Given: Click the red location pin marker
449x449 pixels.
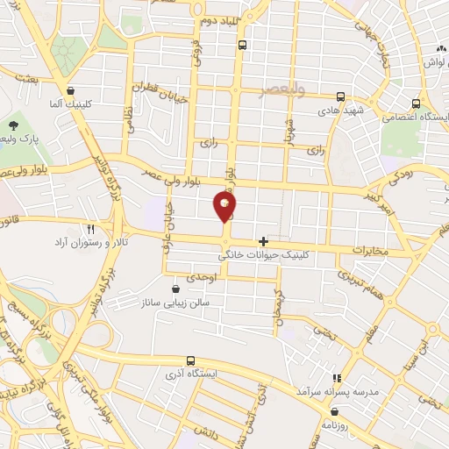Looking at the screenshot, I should click(225, 207).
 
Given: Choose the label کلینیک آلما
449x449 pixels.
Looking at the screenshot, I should click(69, 103).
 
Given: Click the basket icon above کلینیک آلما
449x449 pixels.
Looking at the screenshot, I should click(70, 90).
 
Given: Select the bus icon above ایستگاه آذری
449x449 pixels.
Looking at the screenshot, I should click(190, 360).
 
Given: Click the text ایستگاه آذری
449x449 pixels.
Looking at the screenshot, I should click(190, 375).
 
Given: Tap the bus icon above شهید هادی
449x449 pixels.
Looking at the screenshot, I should click(339, 97).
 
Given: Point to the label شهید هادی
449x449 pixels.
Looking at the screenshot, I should click(340, 111).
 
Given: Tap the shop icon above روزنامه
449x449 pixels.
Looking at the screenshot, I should click(346, 409).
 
